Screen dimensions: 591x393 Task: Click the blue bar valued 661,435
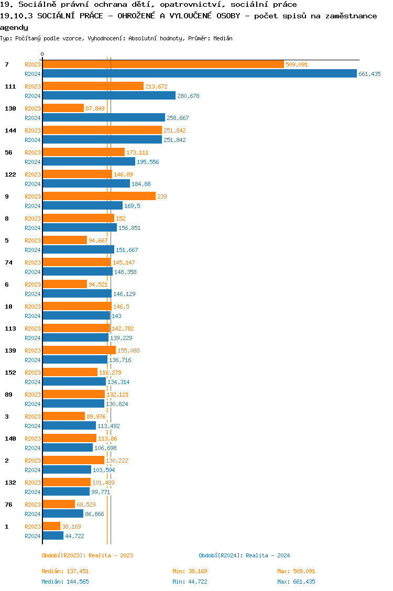[x=199, y=74]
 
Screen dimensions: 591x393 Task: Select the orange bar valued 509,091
[x=163, y=64]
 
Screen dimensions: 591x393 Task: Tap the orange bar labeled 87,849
[x=63, y=108]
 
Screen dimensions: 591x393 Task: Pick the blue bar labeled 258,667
[x=104, y=118]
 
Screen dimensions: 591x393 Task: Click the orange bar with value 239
[x=99, y=196]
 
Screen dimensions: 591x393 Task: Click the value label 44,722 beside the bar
[x=74, y=536]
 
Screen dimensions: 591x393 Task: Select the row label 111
[x=10, y=86]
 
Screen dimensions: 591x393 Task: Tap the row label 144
[x=10, y=130]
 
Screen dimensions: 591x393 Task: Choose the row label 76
[x=8, y=505]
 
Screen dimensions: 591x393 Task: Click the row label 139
[x=10, y=351]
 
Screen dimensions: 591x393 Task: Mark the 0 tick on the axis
[x=42, y=54]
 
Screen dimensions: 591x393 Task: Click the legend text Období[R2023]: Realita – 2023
[x=87, y=555]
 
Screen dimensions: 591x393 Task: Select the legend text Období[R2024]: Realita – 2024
[x=244, y=555]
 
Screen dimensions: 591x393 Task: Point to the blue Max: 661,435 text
[x=296, y=582]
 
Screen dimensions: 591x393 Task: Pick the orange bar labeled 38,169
[x=51, y=527]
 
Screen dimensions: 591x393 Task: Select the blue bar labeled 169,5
[x=82, y=206]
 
